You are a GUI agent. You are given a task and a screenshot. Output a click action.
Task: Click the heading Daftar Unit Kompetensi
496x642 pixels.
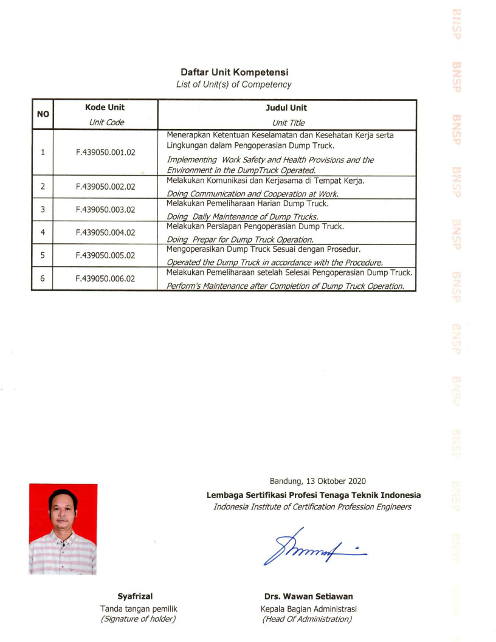click(x=233, y=73)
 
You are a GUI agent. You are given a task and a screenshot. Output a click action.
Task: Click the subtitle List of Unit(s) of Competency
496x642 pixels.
click(x=233, y=85)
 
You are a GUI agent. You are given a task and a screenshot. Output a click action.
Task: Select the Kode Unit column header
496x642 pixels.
click(x=105, y=108)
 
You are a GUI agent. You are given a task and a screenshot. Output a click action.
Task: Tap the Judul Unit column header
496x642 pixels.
click(x=287, y=108)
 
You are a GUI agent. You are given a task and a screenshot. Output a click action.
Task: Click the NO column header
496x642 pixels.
click(x=43, y=114)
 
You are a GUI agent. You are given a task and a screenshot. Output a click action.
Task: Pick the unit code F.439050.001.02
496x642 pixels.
click(x=105, y=152)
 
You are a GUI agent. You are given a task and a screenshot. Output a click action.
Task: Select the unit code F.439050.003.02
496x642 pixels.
click(x=105, y=210)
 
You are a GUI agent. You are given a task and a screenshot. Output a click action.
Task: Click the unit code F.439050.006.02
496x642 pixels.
click(x=105, y=278)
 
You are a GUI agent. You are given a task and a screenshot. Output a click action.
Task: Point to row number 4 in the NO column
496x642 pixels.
click(x=43, y=232)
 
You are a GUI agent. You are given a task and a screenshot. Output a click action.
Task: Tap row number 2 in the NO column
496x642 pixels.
click(x=43, y=187)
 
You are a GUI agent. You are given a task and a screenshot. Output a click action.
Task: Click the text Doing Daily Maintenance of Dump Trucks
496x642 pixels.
click(x=243, y=216)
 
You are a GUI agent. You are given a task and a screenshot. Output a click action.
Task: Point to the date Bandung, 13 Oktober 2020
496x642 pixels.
click(x=318, y=481)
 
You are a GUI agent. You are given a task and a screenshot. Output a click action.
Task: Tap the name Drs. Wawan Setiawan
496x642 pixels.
click(x=308, y=596)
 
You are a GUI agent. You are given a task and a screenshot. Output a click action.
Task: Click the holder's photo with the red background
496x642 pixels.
click(x=63, y=529)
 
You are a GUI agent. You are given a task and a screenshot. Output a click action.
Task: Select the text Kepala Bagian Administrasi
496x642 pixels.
click(x=308, y=609)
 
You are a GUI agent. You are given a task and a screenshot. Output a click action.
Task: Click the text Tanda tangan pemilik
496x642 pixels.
click(x=139, y=609)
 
